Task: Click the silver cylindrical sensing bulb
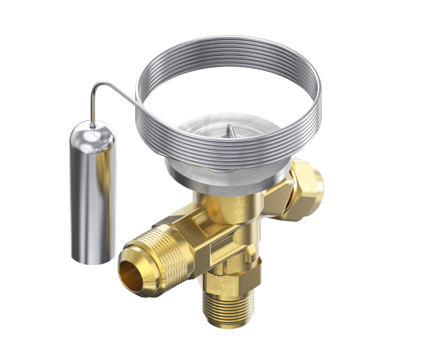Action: pyautogui.click(x=92, y=195)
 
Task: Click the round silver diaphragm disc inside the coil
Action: pyautogui.click(x=213, y=131)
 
